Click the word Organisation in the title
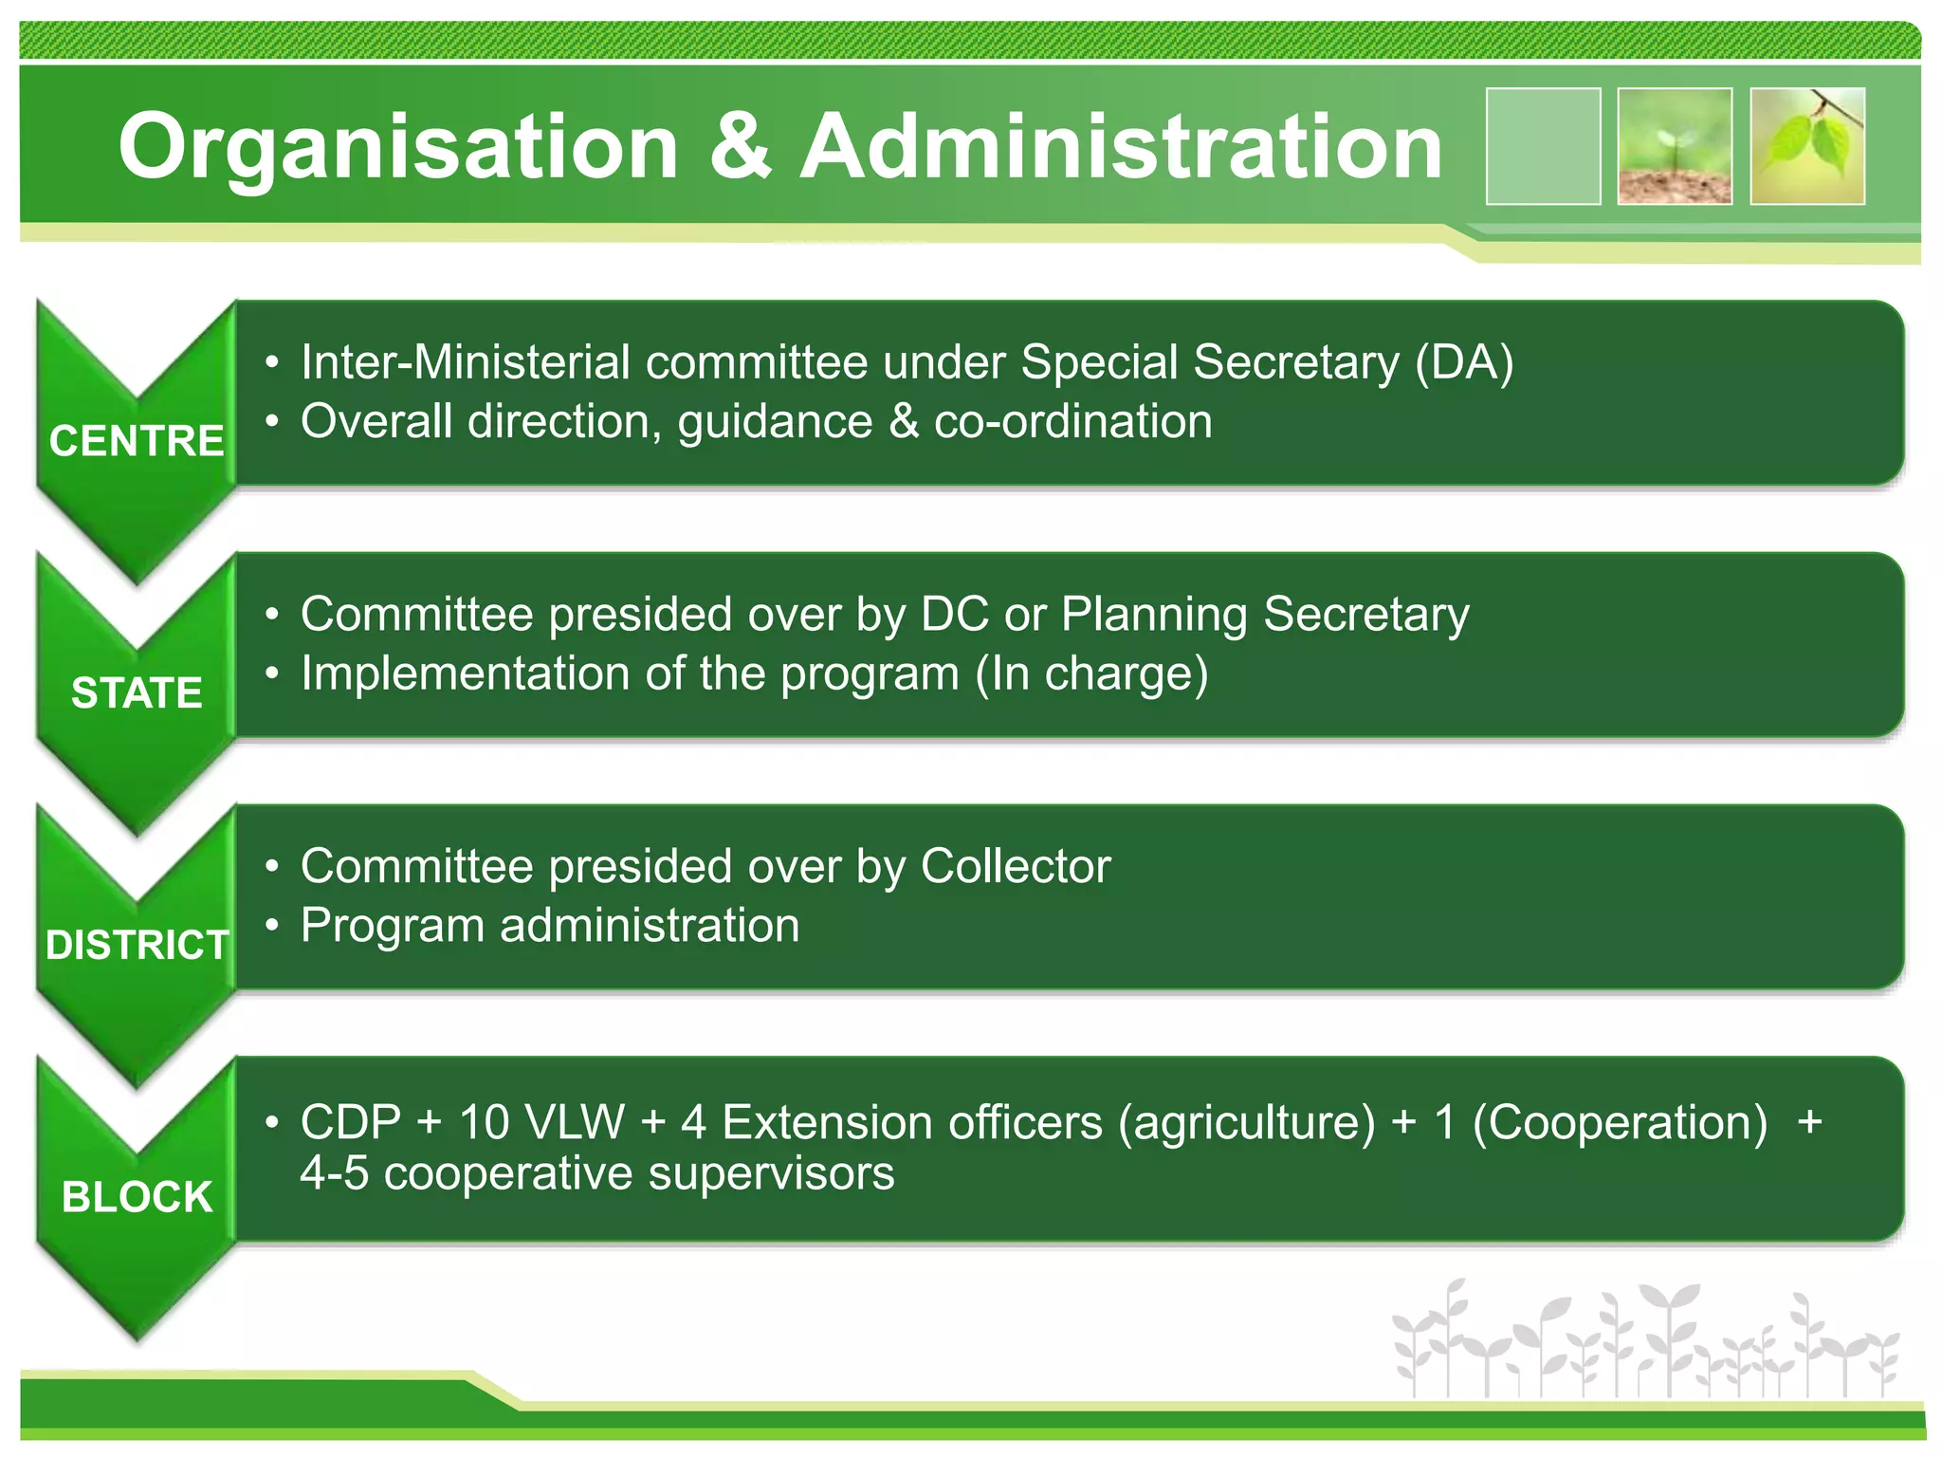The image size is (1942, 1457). (398, 147)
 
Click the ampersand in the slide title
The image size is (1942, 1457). (740, 147)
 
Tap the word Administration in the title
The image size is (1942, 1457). (1121, 147)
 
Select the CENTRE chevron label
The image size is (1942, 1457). (137, 441)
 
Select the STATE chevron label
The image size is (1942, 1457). (137, 692)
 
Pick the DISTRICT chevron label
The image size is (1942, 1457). (137, 945)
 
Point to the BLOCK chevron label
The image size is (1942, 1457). (137, 1197)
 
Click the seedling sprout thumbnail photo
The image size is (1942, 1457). (1675, 146)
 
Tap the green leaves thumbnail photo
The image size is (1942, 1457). (1807, 146)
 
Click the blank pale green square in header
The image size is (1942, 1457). (1543, 146)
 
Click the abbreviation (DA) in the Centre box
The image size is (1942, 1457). (1464, 362)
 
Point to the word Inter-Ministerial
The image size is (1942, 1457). (465, 362)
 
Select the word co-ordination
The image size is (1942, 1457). (1072, 421)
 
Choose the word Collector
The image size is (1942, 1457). (1015, 866)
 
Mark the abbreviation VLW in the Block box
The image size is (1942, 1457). (575, 1122)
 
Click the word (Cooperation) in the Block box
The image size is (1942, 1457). (1620, 1122)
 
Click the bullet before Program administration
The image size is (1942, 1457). (272, 925)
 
